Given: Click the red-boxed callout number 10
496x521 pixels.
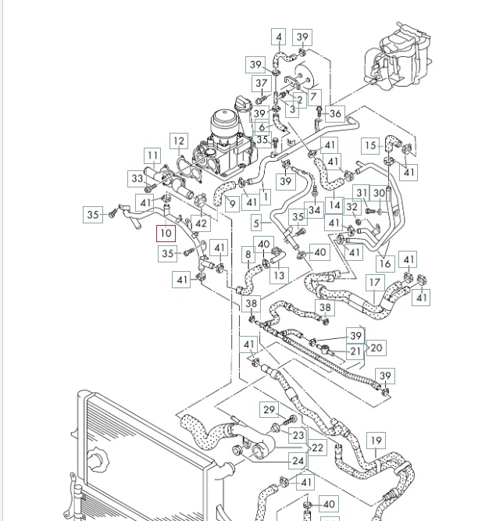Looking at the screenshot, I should [x=166, y=233].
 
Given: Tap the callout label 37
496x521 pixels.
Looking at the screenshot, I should [x=261, y=84].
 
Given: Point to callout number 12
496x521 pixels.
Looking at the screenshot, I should [x=179, y=141].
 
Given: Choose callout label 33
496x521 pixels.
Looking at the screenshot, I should [x=137, y=179].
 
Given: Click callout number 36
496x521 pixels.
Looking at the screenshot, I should [x=335, y=113].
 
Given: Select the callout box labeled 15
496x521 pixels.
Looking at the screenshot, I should [x=369, y=145].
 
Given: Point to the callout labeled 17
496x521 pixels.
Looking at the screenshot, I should [x=375, y=283].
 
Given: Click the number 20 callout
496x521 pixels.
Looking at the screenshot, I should [x=376, y=348].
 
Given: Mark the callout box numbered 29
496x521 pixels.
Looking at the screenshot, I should [x=269, y=410].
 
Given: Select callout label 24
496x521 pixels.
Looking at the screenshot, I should [x=298, y=461].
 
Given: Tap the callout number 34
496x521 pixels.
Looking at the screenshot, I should [x=315, y=209].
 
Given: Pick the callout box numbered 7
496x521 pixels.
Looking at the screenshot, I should [x=315, y=97].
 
